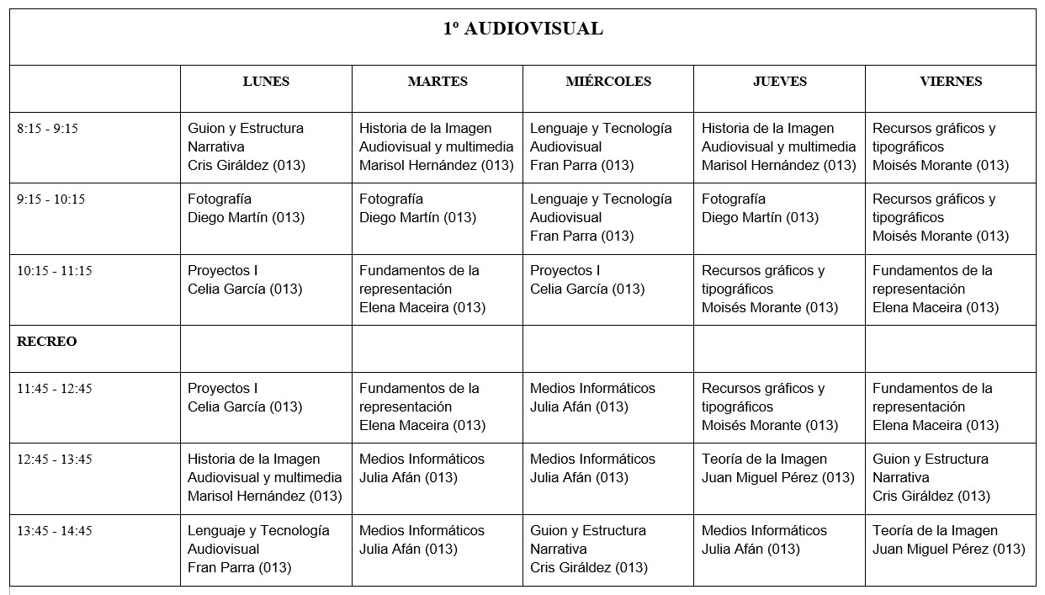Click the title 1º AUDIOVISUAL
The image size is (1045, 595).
[x=522, y=29]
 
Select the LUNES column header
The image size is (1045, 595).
[x=266, y=82]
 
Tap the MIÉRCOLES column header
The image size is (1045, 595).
[x=608, y=82]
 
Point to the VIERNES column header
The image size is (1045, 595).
[x=951, y=82]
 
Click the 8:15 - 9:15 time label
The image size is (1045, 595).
[x=47, y=129]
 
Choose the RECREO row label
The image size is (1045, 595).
[x=47, y=342]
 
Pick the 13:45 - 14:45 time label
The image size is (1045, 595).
[x=55, y=531]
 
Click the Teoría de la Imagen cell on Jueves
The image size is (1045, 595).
[x=778, y=469]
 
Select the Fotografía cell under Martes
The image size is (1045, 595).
[x=417, y=209]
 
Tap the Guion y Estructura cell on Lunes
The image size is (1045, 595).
[x=247, y=146]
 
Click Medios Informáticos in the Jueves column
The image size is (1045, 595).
[x=764, y=539]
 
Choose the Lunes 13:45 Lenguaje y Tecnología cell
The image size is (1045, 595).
[x=258, y=549]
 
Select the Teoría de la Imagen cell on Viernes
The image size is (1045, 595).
[x=949, y=539]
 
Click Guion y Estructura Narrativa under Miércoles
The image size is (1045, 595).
[x=589, y=549]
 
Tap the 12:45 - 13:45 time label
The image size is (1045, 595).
[x=55, y=460]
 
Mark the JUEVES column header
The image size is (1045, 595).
[x=780, y=82]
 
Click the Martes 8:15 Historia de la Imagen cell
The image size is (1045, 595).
[x=436, y=146]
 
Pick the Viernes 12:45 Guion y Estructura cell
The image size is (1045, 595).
[x=931, y=477]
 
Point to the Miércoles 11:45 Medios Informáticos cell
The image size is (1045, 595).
[x=592, y=397]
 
